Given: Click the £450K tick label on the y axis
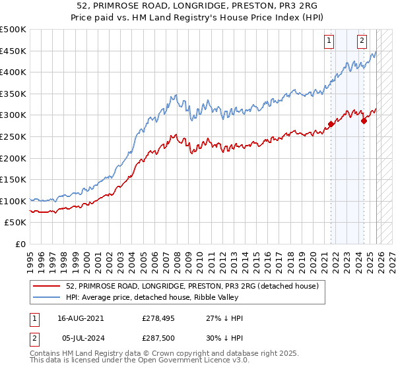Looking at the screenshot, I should pos(13,51).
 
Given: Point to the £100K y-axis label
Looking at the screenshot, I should pos(13,201).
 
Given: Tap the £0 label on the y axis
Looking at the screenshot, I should pos(20,244).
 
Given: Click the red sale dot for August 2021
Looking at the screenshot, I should pos(331,124).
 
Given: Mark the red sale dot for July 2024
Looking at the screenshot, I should pos(364,121).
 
